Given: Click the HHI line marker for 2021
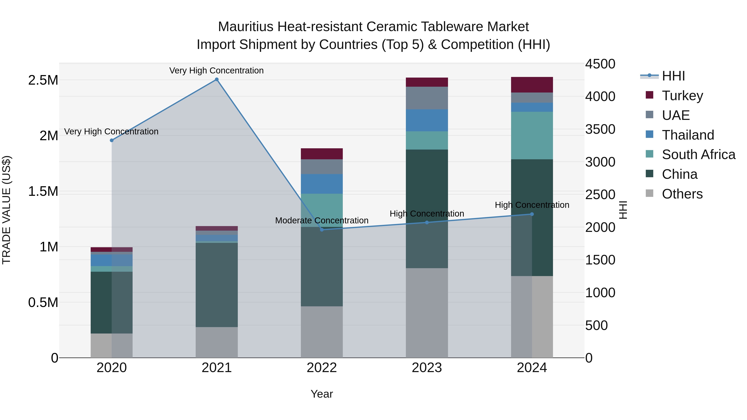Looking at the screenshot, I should tap(217, 79).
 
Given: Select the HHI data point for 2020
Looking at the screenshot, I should tap(112, 140).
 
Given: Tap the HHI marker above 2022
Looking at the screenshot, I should tap(322, 230).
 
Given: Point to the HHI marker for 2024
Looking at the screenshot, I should tap(532, 214).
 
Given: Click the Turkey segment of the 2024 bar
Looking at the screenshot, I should tap(532, 85).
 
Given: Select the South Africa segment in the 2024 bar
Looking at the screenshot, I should tap(532, 135).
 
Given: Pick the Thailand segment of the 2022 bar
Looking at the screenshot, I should tap(322, 184).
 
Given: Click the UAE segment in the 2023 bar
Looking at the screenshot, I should tap(427, 98).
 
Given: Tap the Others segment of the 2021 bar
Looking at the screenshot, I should tap(217, 342).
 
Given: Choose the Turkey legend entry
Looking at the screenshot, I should tap(682, 96).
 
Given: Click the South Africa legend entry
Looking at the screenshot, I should tap(698, 155).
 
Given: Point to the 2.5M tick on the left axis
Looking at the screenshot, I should tap(43, 80).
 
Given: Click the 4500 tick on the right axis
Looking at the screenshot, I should tap(600, 64).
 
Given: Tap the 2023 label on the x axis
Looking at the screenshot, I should tap(427, 368).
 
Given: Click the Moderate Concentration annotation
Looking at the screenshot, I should tap(322, 221).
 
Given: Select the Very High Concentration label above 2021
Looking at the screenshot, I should tap(216, 71).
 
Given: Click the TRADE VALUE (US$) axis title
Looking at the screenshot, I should tap(7, 210).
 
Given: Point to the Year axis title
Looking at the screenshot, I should tap(322, 394).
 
